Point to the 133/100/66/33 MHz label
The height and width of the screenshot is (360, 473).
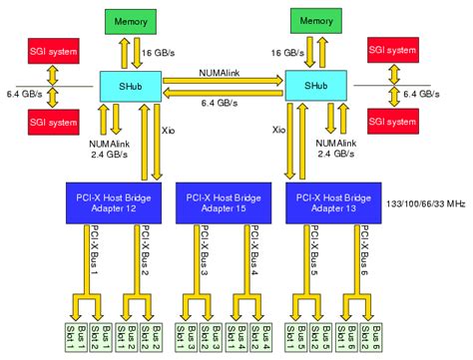tap(424, 202)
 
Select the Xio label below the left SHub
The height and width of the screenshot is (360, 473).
tap(169, 130)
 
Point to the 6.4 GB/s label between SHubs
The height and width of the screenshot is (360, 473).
tap(221, 104)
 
